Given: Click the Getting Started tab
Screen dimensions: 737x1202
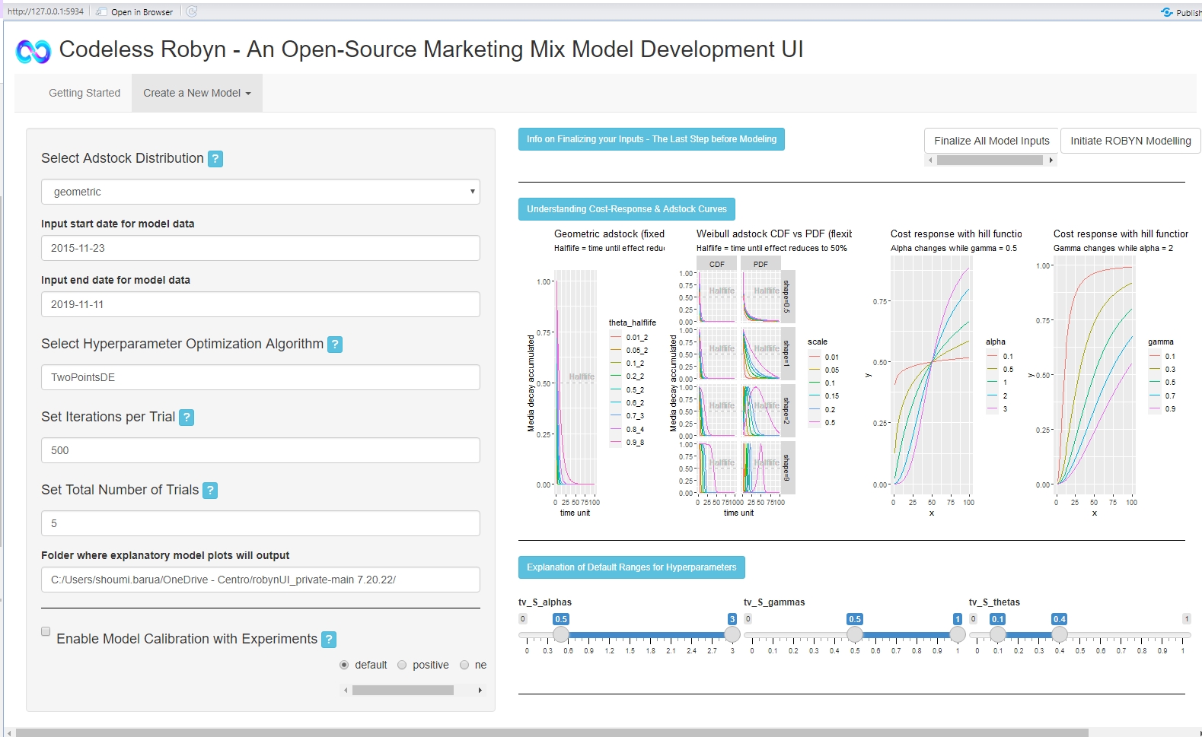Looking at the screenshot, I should click(84, 93).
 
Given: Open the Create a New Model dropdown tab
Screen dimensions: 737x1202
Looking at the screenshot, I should click(196, 93).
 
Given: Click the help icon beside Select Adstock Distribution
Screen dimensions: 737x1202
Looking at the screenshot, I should click(215, 159).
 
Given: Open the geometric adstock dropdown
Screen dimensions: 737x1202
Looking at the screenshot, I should click(260, 192).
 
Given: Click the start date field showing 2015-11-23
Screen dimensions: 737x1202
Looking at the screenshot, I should click(260, 248).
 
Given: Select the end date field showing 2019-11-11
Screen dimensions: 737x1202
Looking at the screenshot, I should click(260, 304).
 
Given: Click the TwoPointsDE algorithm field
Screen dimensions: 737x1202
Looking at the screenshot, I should click(260, 377).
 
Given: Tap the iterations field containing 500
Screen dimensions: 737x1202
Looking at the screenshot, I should click(260, 450).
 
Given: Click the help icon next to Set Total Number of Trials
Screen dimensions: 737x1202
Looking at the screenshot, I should click(210, 491).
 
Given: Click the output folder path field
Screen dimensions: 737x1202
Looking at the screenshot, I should click(260, 580).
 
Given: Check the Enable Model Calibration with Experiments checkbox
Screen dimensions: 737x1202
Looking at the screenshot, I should click(46, 631).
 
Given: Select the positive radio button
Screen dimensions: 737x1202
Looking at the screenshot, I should click(402, 665).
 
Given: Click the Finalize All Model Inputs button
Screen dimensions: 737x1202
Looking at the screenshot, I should click(991, 141).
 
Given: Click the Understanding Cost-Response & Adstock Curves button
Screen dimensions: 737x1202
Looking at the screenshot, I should click(627, 209).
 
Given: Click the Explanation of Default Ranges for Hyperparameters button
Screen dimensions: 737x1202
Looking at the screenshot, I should click(631, 567).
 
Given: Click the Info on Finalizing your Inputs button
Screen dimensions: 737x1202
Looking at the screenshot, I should click(651, 139).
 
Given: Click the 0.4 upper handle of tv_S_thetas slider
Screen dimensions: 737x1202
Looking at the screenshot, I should click(1059, 634).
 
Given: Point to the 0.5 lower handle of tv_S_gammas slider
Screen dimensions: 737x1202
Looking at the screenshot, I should click(855, 634).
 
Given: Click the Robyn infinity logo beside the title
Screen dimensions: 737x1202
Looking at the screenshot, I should click(33, 51).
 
